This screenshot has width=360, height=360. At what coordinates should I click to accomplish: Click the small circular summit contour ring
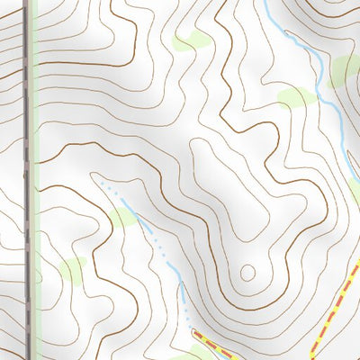pyautogui.click(x=248, y=271)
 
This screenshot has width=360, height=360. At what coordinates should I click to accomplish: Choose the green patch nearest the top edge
pyautogui.click(x=191, y=41)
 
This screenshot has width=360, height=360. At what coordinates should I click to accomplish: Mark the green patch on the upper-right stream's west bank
pyautogui.click(x=295, y=97)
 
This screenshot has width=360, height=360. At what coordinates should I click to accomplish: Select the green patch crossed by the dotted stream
pyautogui.click(x=122, y=216)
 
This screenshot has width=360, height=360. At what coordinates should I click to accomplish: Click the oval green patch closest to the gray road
pyautogui.click(x=72, y=268)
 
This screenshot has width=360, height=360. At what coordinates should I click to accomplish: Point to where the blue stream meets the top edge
pyautogui.click(x=267, y=3)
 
